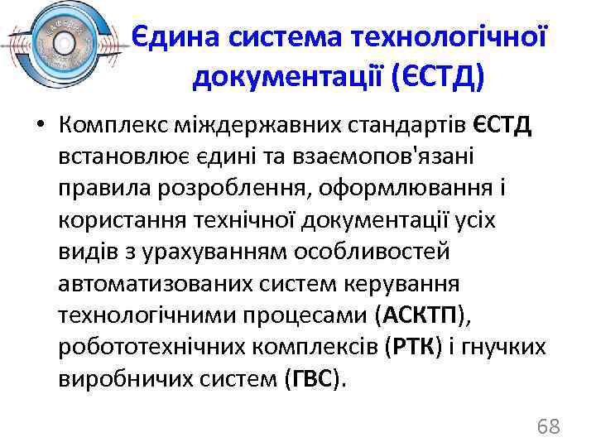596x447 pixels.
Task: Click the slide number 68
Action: (x=548, y=427)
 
